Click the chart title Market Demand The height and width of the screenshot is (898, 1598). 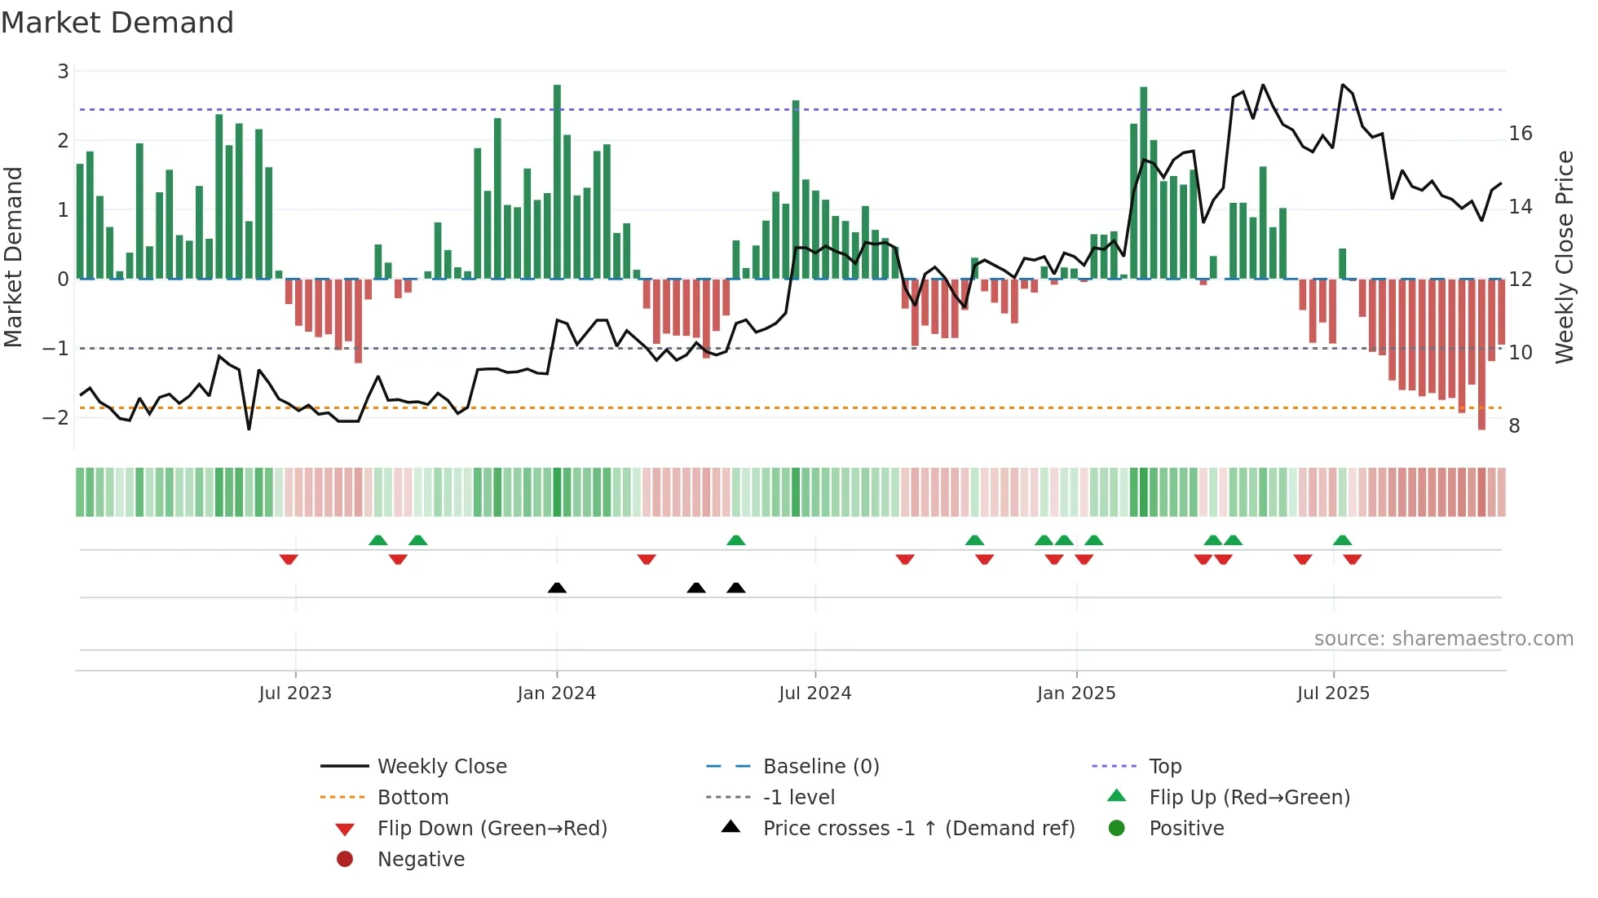pyautogui.click(x=117, y=23)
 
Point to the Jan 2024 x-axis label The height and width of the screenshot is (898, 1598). pyautogui.click(x=556, y=693)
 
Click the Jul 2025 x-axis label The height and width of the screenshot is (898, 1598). pyautogui.click(x=1333, y=693)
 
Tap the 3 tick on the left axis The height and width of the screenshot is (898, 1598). pyautogui.click(x=63, y=72)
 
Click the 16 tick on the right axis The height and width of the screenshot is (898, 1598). pyautogui.click(x=1521, y=134)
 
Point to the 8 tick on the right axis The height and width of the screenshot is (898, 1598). pyautogui.click(x=1514, y=426)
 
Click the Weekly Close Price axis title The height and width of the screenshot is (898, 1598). pyautogui.click(x=1564, y=257)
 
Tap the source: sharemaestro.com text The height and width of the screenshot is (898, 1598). pyautogui.click(x=1443, y=639)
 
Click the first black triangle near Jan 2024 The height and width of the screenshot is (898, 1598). pyautogui.click(x=557, y=588)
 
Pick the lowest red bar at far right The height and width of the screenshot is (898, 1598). pyautogui.click(x=1481, y=354)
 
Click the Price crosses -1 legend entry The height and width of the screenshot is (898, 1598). pyautogui.click(x=918, y=829)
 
